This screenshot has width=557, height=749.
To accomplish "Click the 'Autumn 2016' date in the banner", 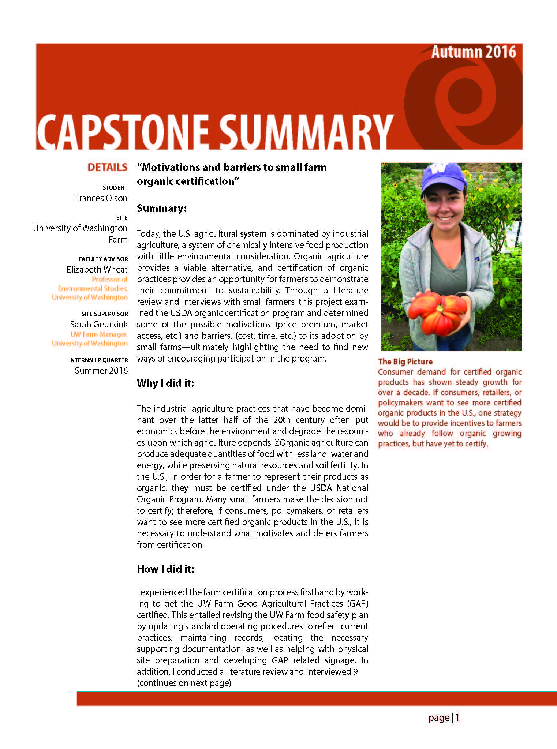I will (x=473, y=52).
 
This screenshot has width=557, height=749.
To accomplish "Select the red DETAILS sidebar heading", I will (x=107, y=168).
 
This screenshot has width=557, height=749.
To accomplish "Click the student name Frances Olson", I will (x=101, y=198).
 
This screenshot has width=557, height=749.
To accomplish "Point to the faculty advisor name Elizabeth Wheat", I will (x=97, y=270).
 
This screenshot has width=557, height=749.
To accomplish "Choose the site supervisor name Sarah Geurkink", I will (x=99, y=325).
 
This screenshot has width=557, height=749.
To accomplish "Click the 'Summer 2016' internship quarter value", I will (x=101, y=371).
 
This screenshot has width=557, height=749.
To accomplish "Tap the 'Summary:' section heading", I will (x=162, y=209).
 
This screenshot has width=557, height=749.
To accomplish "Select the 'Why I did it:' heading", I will (x=165, y=383).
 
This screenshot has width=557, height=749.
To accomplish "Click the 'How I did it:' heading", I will (x=165, y=569).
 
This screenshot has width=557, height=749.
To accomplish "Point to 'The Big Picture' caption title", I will (x=405, y=362).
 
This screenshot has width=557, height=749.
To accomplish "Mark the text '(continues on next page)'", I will (x=184, y=683).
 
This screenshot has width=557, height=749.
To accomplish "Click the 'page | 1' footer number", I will (x=444, y=718).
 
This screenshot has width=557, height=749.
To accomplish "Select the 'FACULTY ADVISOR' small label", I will (x=103, y=259).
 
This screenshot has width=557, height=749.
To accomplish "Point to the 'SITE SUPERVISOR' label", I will (x=105, y=314).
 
